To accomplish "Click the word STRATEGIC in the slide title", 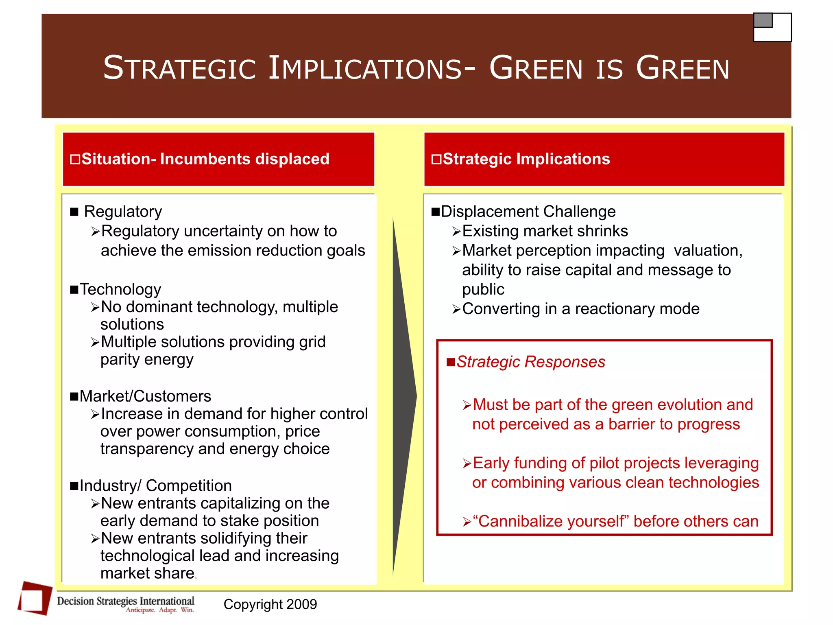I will click(x=179, y=68).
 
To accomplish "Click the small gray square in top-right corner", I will click(x=763, y=20).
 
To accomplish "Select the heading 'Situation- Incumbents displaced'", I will click(x=205, y=159).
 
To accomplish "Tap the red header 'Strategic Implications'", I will click(x=526, y=159).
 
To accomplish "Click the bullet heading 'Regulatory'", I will click(x=122, y=212).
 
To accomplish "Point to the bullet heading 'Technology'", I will click(x=120, y=289).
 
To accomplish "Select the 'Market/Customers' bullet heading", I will click(x=145, y=396).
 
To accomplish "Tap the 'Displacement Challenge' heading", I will click(x=528, y=212).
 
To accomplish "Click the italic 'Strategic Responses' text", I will click(x=530, y=362).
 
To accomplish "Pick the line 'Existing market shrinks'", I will click(x=545, y=231).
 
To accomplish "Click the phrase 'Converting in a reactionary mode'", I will click(x=580, y=309).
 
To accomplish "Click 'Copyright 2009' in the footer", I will click(x=270, y=604).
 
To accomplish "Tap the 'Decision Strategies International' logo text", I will click(x=125, y=601).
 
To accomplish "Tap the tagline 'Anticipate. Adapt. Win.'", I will click(x=159, y=610).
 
